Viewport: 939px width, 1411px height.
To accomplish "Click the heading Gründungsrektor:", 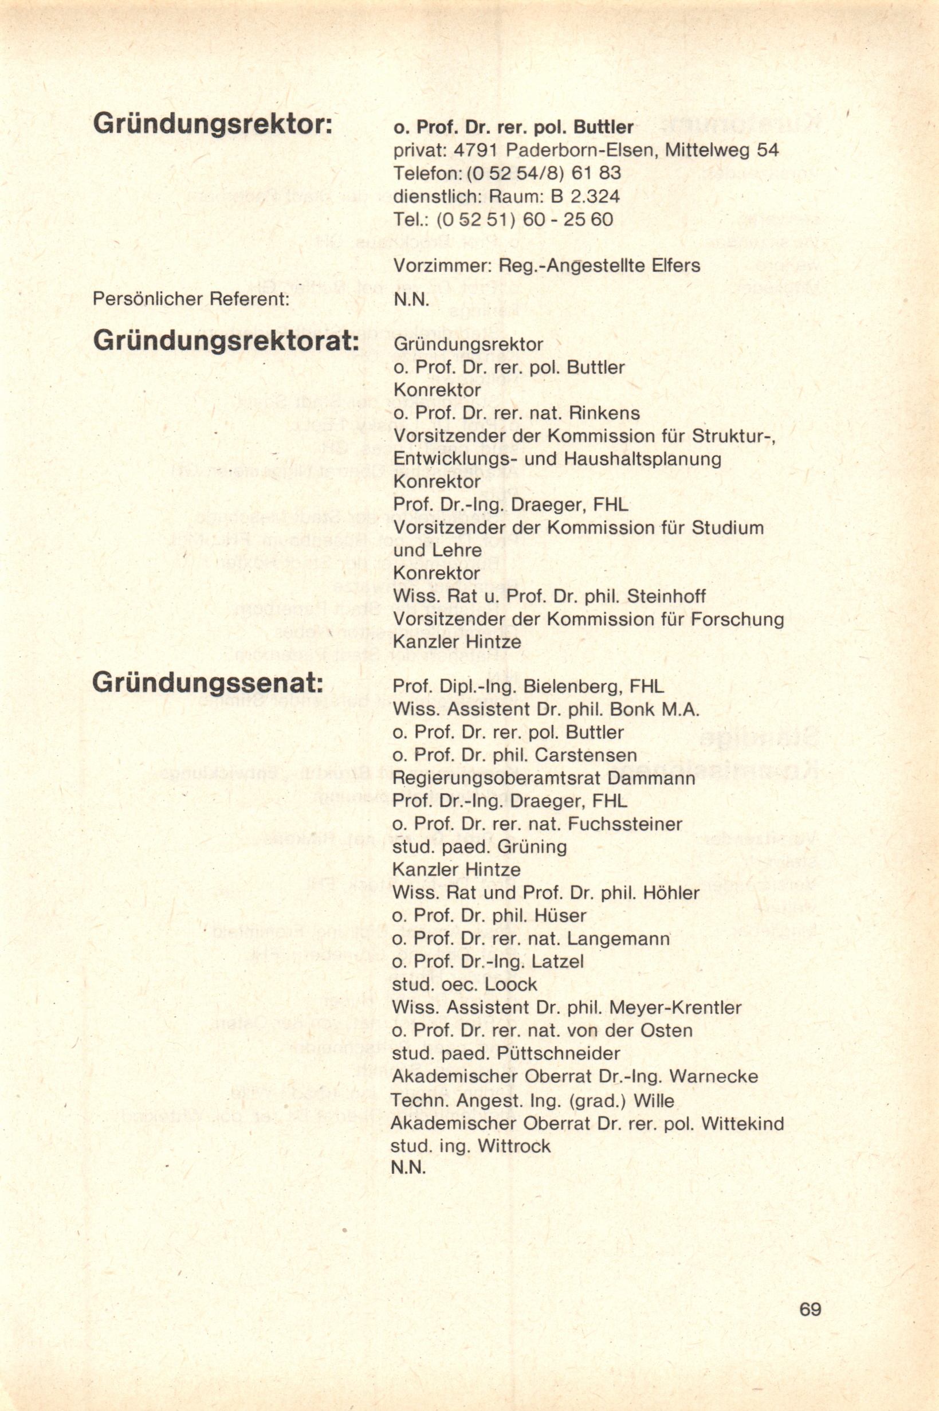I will click(x=213, y=124).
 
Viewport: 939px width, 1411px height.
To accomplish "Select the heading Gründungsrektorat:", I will click(x=226, y=341).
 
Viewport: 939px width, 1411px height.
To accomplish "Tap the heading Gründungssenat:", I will click(x=208, y=683).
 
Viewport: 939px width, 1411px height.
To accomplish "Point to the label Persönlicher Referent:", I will click(x=191, y=299).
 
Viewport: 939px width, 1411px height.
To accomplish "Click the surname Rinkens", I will click(x=604, y=413).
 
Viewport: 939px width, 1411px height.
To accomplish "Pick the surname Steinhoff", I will click(x=666, y=596).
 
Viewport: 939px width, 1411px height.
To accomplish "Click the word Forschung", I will click(x=737, y=618).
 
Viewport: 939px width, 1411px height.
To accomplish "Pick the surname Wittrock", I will click(x=514, y=1146).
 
